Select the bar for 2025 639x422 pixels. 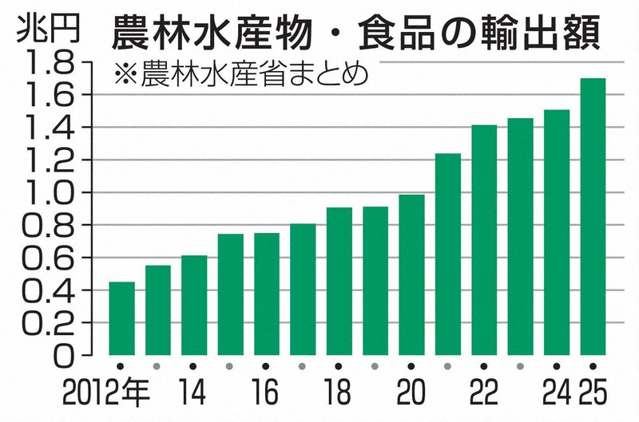(593, 215)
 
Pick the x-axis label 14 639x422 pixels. (194, 395)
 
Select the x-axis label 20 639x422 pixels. (412, 395)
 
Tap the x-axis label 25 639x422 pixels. (592, 395)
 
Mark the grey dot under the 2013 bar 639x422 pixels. (158, 367)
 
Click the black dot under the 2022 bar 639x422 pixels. (484, 367)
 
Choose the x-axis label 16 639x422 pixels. (267, 395)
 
